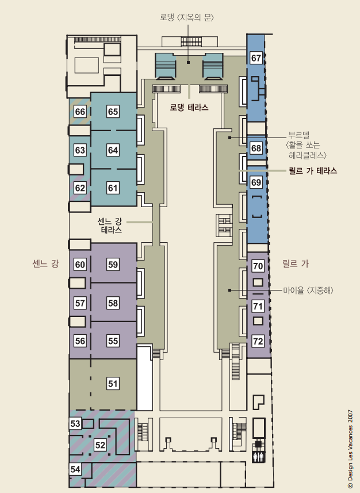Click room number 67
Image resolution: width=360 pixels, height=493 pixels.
(256, 58)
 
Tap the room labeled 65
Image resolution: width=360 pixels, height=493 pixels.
(113, 112)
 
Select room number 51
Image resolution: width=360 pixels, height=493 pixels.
(113, 384)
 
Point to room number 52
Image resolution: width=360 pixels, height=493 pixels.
(100, 445)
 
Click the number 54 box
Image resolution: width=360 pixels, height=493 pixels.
(75, 469)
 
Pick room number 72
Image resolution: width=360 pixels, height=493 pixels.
(258, 341)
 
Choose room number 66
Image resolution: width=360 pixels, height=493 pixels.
(80, 112)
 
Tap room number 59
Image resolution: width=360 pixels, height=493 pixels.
(113, 265)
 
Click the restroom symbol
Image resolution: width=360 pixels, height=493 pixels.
(258, 457)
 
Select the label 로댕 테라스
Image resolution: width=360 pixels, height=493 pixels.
(189, 108)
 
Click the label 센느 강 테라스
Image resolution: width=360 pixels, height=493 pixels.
(110, 226)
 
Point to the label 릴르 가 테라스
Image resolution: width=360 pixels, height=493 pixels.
(313, 171)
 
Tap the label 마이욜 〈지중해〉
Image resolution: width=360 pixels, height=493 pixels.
(308, 290)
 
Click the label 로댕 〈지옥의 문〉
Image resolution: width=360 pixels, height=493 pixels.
(187, 17)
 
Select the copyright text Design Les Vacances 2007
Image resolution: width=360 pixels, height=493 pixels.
(350, 450)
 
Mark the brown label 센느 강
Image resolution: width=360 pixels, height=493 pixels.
(45, 263)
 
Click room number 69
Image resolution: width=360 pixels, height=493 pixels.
(256, 182)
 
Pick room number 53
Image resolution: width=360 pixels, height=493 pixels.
(75, 423)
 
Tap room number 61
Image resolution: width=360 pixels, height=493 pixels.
(113, 188)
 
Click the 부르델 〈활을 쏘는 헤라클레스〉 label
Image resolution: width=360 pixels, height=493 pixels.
(307, 146)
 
